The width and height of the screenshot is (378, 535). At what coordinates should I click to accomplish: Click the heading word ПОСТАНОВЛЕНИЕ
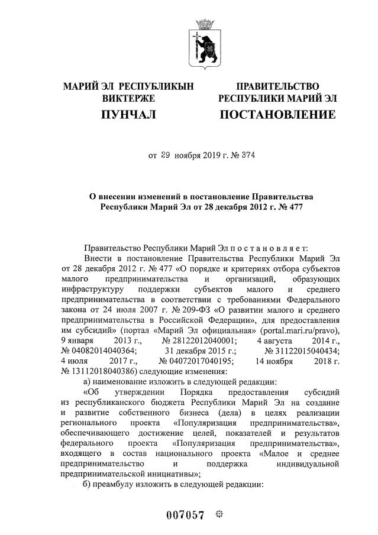[x=277, y=114]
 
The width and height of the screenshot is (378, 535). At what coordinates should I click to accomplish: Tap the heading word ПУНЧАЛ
[x=128, y=114]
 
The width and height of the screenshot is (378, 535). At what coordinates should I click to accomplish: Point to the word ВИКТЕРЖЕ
[x=128, y=98]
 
